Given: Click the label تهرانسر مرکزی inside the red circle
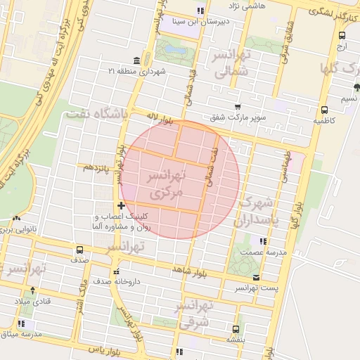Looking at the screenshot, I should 167,182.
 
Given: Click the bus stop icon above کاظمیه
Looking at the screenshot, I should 323,110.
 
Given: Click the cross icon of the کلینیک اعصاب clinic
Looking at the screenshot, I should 121,205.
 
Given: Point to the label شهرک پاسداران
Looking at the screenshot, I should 259,212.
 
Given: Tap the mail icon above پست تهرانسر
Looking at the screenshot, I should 255,277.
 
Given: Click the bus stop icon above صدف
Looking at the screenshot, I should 79,250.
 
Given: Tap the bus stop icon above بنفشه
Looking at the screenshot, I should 235,328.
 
